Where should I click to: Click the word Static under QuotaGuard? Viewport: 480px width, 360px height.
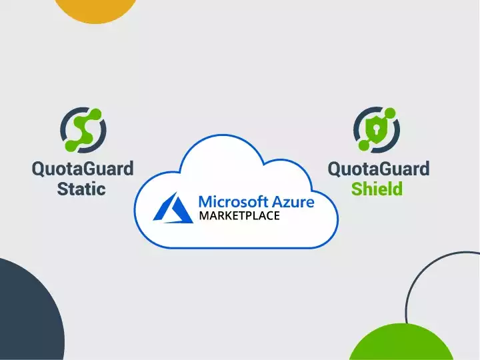click(x=81, y=189)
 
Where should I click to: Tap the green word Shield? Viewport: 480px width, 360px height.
click(x=377, y=189)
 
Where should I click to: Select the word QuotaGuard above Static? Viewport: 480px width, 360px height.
click(x=83, y=169)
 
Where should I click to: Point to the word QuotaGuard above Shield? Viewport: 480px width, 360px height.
click(x=378, y=169)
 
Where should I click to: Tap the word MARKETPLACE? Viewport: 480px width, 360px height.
click(x=239, y=216)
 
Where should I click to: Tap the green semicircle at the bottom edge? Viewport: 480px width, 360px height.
click(x=400, y=343)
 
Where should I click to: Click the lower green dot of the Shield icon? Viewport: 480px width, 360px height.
click(x=364, y=145)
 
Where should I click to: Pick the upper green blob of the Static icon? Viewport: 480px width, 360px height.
click(x=94, y=115)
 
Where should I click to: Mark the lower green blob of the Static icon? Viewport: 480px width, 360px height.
click(x=72, y=141)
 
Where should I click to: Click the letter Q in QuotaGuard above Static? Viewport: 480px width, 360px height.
click(x=40, y=169)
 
